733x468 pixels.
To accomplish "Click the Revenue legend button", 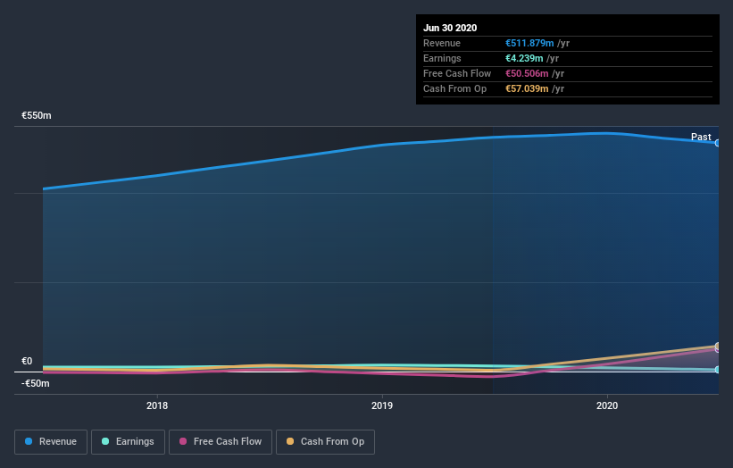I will [x=51, y=441].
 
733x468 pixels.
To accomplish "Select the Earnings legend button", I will [x=128, y=441].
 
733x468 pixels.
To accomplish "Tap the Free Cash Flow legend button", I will [x=220, y=441].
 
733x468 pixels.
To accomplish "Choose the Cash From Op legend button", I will [x=325, y=441].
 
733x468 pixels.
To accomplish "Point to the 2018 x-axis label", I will [x=157, y=405].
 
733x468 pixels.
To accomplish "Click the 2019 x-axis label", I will [x=382, y=405].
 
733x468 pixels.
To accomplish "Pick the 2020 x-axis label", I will [x=607, y=405].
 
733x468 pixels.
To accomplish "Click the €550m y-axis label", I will [x=37, y=116].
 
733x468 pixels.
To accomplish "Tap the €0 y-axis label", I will [x=28, y=362].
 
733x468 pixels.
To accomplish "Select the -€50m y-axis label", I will [x=35, y=383].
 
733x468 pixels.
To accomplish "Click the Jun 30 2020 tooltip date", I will [x=450, y=28].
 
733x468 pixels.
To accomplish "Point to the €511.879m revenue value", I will [x=529, y=43].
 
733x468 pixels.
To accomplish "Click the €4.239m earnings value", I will [x=524, y=58].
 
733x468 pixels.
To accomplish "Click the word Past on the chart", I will [x=701, y=137].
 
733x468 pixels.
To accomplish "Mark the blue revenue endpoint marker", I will [x=717, y=143].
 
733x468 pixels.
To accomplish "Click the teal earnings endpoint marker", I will [x=717, y=369].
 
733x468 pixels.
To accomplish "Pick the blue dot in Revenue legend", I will [x=29, y=441].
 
